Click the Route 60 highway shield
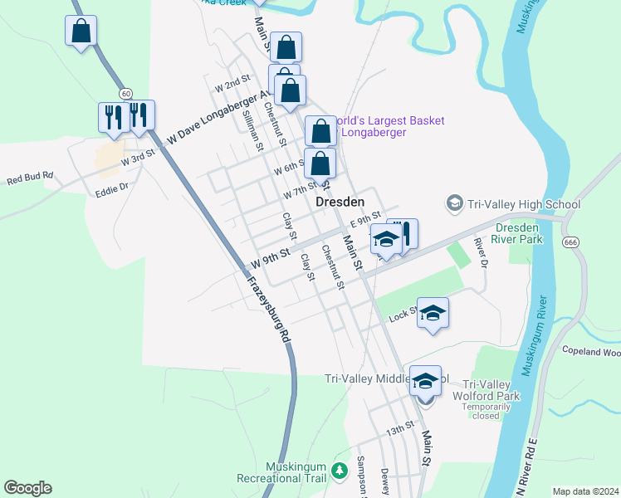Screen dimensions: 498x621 [125, 92]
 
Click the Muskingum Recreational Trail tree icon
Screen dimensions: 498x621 [339, 471]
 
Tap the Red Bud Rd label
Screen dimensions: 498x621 [30, 177]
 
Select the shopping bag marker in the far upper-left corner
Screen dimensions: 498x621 [81, 32]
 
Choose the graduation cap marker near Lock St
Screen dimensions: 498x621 [433, 313]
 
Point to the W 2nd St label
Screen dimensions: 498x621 [232, 83]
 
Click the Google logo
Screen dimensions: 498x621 [27, 488]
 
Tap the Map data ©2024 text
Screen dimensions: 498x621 [584, 491]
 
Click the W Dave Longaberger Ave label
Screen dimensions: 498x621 [219, 119]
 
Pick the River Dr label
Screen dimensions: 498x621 [480, 253]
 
